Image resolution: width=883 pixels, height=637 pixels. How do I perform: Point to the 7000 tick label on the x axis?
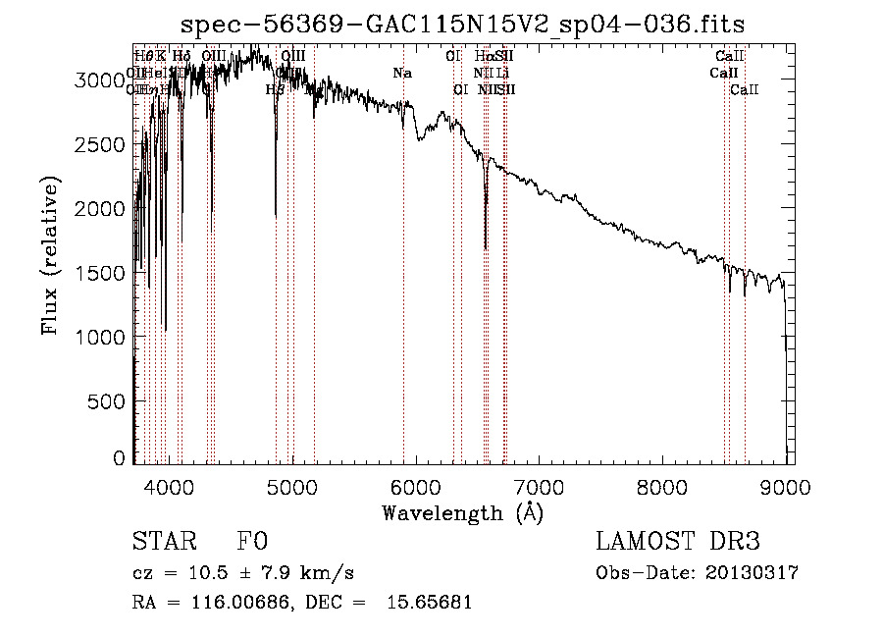coord(539,486)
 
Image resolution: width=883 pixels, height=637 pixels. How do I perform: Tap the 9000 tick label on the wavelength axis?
coord(786,486)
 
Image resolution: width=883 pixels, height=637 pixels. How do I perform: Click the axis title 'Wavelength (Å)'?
coord(462,512)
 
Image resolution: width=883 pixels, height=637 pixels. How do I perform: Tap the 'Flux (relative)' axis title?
coord(50,255)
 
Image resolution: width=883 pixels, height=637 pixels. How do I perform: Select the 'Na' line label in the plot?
coord(402,73)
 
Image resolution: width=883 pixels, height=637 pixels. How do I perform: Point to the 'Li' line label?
coord(502,73)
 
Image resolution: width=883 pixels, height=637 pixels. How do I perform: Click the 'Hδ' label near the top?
coord(181,56)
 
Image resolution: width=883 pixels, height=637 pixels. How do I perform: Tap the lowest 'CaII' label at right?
coord(745,89)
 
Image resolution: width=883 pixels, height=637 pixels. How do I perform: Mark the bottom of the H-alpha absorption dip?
coord(486,248)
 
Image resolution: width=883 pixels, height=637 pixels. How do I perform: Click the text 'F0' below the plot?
coord(251,543)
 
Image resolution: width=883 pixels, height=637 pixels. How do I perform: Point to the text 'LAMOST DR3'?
coord(678,543)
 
